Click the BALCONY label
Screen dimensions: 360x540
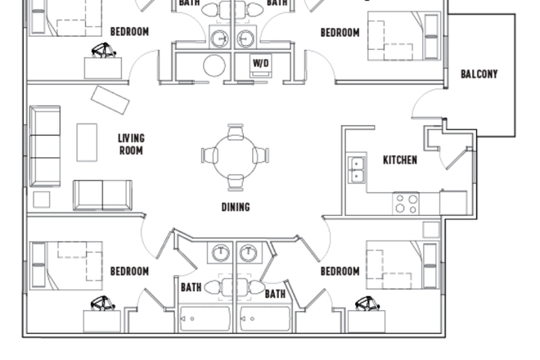479,74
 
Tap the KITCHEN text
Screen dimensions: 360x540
400,160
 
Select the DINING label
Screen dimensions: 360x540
236,207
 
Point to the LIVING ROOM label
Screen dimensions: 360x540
131,145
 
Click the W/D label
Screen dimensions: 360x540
261,63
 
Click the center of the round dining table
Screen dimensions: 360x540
236,155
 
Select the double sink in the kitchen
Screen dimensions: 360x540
357,169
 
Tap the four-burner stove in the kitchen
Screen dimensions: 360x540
407,203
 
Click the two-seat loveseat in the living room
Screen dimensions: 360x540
102,195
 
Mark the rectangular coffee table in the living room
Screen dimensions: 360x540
87,142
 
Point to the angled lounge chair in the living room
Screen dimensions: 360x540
110,100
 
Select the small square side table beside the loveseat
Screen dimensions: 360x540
42,199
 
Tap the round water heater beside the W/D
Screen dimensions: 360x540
214,65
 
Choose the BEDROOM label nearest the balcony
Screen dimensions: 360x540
340,33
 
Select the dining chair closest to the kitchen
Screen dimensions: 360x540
261,155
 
